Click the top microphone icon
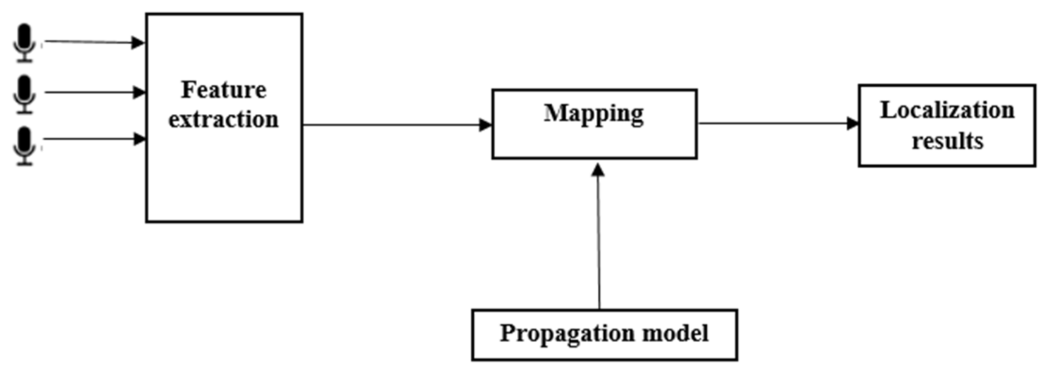pyautogui.click(x=24, y=42)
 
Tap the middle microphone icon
pyautogui.click(x=24, y=93)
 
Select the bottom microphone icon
pyautogui.click(x=24, y=145)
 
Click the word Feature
pyautogui.click(x=224, y=90)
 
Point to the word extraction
pyautogui.click(x=224, y=120)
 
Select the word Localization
pyautogui.click(x=947, y=110)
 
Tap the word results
pyautogui.click(x=947, y=141)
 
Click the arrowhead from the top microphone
pyautogui.click(x=138, y=43)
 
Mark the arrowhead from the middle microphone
pyautogui.click(x=139, y=92)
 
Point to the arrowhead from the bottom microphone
pyautogui.click(x=139, y=139)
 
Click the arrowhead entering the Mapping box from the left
pyautogui.click(x=485, y=125)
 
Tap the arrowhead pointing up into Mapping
pyautogui.click(x=598, y=170)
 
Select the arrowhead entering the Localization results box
pyautogui.click(x=852, y=123)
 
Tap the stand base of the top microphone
pyautogui.click(x=24, y=61)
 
